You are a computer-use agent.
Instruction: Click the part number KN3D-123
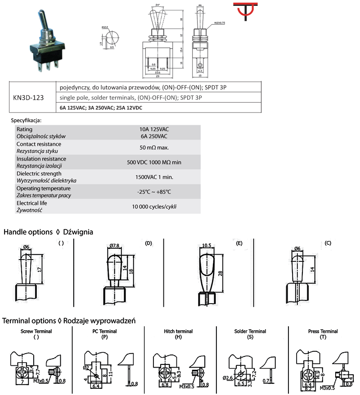[x=29, y=97]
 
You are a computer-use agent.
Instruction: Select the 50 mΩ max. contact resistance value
[x=154, y=147]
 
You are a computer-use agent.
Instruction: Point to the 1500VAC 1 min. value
[x=154, y=177]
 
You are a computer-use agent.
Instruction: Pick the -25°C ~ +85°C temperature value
[x=154, y=192]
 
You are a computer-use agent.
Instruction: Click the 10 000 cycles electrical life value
[x=154, y=206]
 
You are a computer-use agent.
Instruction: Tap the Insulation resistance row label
[x=41, y=159]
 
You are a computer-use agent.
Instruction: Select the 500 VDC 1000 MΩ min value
[x=154, y=162]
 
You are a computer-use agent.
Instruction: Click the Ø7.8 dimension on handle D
[x=115, y=245]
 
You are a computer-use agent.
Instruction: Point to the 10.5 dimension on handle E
[x=207, y=246]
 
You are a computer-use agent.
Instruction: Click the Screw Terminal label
[x=36, y=331]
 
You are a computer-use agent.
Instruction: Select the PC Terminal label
[x=104, y=331]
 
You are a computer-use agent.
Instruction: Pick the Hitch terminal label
[x=178, y=331]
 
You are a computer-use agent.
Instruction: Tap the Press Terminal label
[x=323, y=331]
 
